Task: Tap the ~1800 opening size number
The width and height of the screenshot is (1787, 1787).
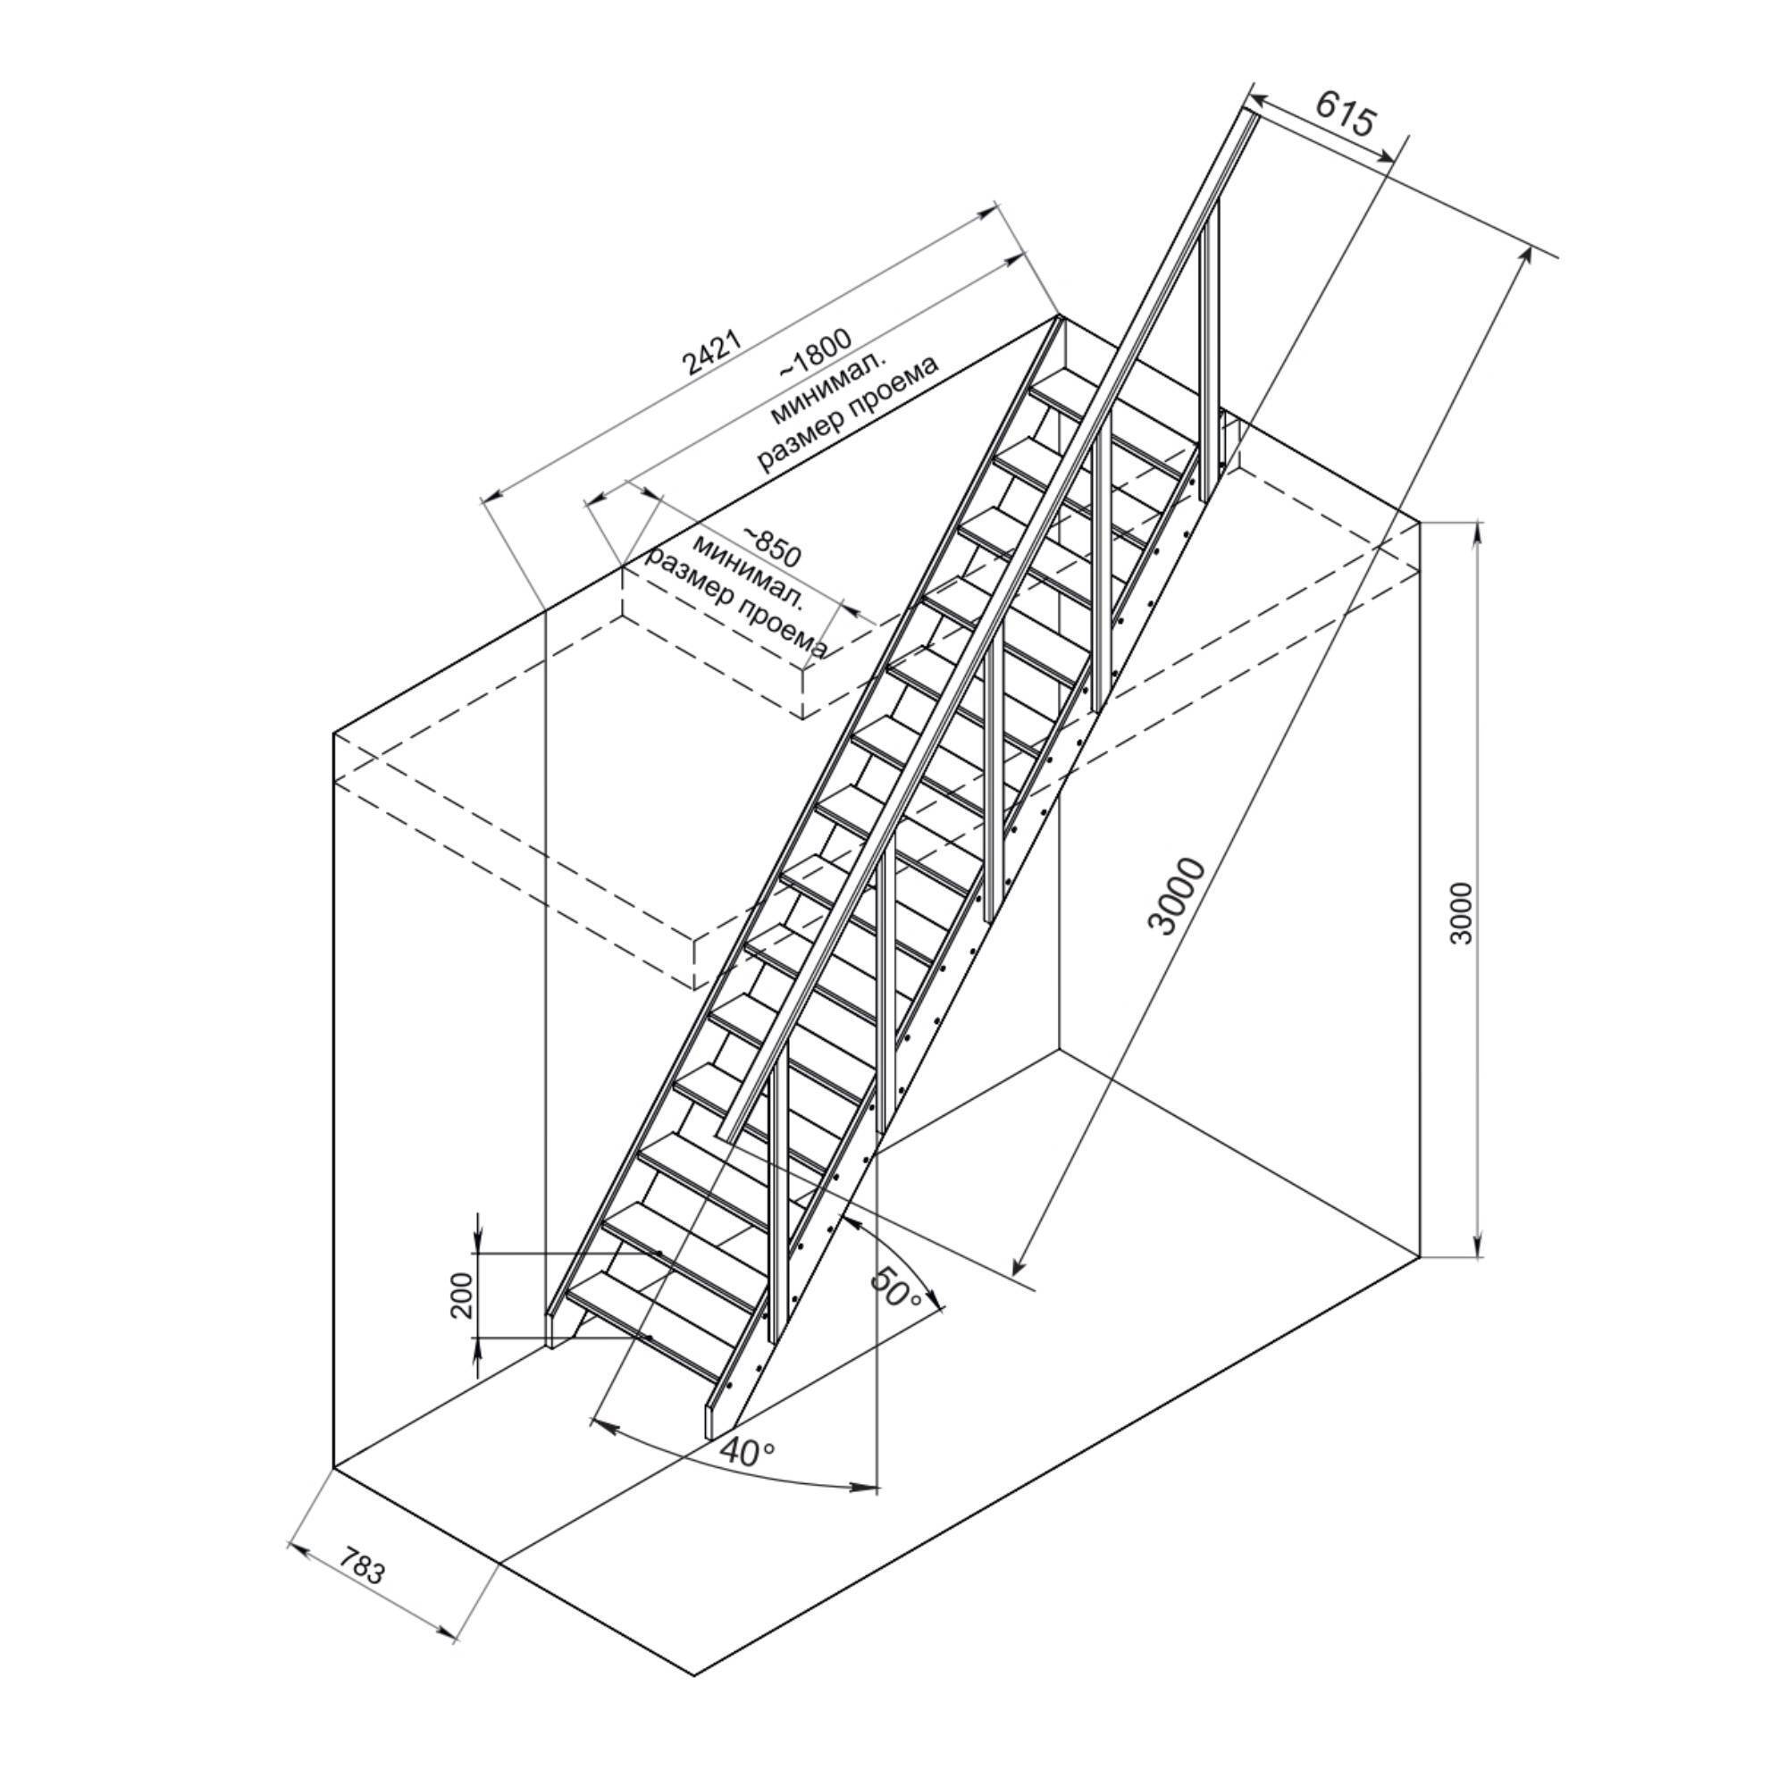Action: [x=815, y=352]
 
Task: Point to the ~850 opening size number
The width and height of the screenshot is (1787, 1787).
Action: [x=769, y=548]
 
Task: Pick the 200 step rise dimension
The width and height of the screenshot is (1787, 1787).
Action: [x=464, y=1295]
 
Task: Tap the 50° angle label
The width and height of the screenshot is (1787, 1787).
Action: [x=895, y=1288]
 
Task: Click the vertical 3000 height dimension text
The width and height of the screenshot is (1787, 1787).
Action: [x=1461, y=913]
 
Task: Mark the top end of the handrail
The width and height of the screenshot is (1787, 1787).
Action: [x=1250, y=112]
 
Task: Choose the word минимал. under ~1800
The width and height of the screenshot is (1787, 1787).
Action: [x=829, y=387]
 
